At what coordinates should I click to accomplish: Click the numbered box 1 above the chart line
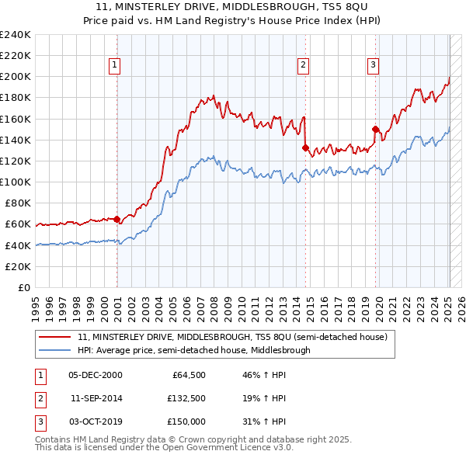point(114,65)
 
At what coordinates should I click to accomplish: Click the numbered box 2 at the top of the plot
point(303,65)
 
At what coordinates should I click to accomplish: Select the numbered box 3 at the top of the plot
point(374,65)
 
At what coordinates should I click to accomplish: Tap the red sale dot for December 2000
point(117,219)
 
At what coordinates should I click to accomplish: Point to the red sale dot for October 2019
point(376,129)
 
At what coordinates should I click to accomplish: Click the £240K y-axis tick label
point(16,35)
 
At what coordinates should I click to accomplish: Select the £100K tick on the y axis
point(16,182)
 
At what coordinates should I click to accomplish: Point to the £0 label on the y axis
point(24,287)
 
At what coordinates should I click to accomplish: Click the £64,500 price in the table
point(189,375)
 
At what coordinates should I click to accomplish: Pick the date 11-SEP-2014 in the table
point(96,398)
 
